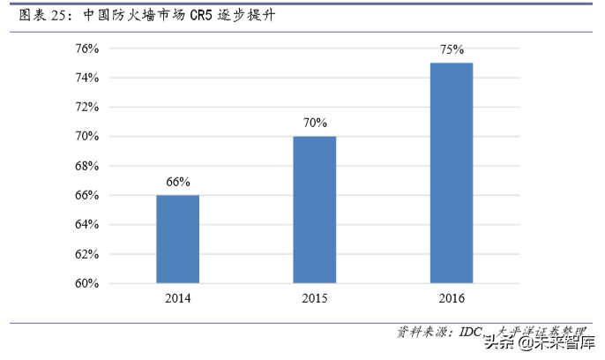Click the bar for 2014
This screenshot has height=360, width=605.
coord(177,239)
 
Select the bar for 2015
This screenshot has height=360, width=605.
coord(314,210)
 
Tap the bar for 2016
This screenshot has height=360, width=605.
coord(451,173)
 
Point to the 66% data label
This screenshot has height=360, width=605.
coord(177,182)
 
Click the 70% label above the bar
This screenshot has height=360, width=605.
coord(314,123)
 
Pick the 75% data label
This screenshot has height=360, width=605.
coord(452,49)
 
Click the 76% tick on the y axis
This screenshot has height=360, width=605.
coord(86,49)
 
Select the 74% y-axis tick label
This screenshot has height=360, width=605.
coord(86,78)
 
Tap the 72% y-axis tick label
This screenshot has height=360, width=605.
coord(86,108)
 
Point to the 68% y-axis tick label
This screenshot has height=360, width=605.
coord(86,166)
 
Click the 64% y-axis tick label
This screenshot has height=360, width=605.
coord(86,225)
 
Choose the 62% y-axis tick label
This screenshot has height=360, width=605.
coord(86,254)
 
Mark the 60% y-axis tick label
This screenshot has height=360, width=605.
coord(86,283)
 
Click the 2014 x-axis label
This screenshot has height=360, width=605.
coord(177,299)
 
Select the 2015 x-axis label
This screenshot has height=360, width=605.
coord(314,299)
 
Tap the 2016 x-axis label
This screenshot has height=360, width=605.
coord(451,299)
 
